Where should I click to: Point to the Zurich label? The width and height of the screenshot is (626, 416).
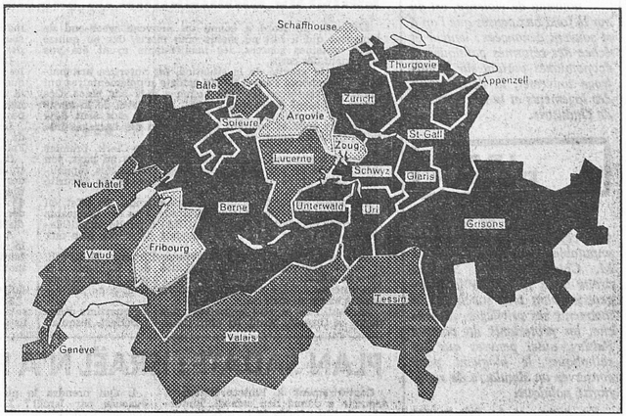pyautogui.click(x=358, y=100)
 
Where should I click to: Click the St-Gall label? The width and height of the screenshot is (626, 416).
pyautogui.click(x=427, y=133)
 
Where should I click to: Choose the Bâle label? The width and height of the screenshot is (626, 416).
pyautogui.click(x=205, y=86)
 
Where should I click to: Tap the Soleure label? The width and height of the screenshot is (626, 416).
pyautogui.click(x=241, y=124)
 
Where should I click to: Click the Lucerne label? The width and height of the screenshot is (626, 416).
pyautogui.click(x=292, y=158)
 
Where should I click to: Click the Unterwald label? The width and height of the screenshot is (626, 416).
pyautogui.click(x=317, y=207)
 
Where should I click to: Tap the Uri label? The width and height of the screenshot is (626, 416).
pyautogui.click(x=370, y=208)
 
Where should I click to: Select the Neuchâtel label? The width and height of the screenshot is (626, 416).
pyautogui.click(x=96, y=183)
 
